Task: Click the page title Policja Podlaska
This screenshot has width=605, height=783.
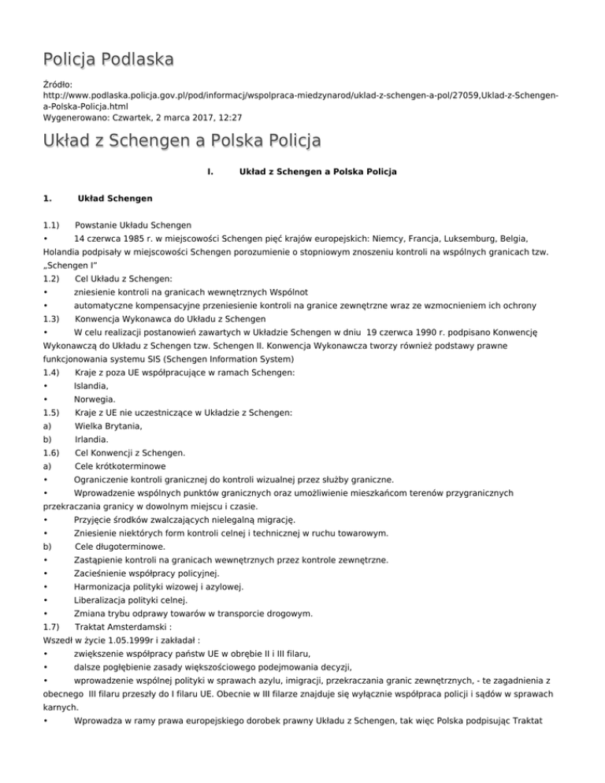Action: (x=109, y=59)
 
